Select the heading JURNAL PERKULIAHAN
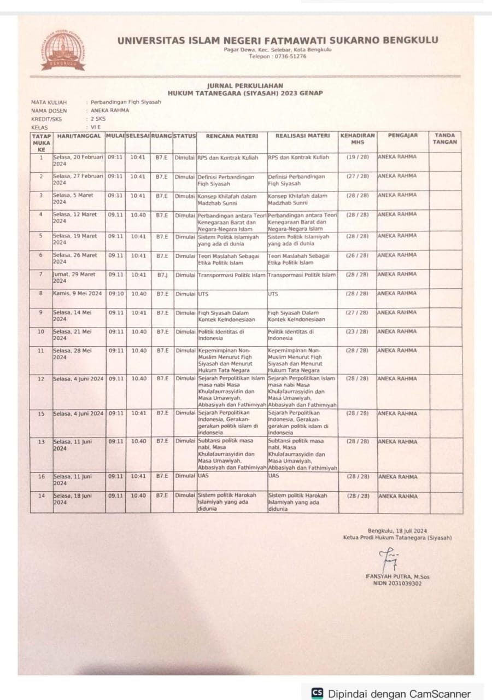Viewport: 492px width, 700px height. click(x=245, y=86)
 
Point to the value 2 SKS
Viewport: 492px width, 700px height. click(x=99, y=118)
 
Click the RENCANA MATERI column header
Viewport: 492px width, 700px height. click(x=232, y=135)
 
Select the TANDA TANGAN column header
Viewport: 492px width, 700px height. click(x=444, y=138)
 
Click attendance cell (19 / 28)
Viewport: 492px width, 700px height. click(x=358, y=157)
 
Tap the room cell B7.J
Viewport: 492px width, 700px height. click(x=162, y=275)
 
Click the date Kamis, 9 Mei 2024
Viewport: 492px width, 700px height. click(x=78, y=294)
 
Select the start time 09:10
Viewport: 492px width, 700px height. click(x=115, y=294)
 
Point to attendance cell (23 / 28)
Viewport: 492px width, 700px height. click(x=358, y=331)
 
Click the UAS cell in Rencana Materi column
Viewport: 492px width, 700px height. click(x=203, y=476)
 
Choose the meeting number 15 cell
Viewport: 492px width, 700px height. click(x=41, y=413)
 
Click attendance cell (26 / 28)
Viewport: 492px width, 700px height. click(x=358, y=255)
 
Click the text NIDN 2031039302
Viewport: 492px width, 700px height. click(x=394, y=584)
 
